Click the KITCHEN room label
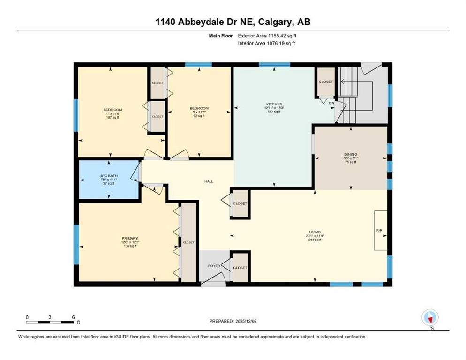[x=272, y=104]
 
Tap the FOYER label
[x=214, y=266]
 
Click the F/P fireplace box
[x=380, y=231]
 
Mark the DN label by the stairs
[x=331, y=103]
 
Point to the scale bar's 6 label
[x=73, y=317]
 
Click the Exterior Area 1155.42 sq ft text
[x=266, y=36]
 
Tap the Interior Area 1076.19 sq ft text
[x=266, y=43]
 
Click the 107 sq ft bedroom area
[x=113, y=118]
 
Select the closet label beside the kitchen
[x=325, y=82]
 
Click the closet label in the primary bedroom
[x=188, y=242]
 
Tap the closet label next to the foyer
[x=240, y=268]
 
